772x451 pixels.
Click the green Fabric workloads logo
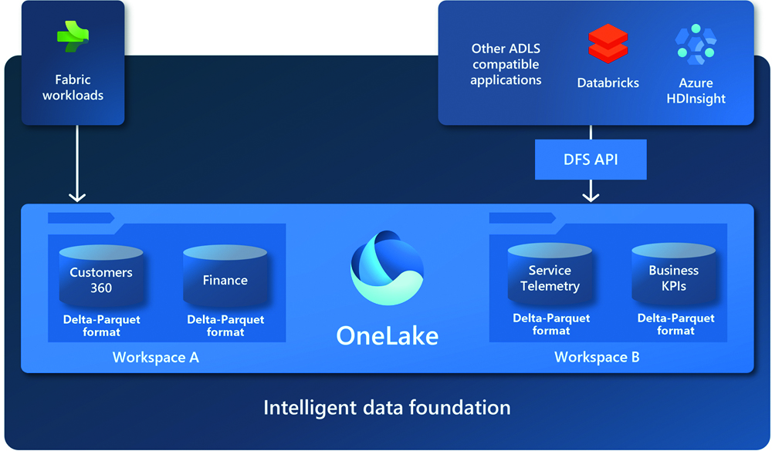[73, 38]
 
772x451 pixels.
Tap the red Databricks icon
[608, 43]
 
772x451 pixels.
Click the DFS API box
[591, 160]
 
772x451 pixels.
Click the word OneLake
[387, 335]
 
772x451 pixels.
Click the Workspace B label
[597, 358]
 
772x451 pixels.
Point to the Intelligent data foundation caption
[387, 407]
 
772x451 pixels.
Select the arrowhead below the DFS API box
[591, 195]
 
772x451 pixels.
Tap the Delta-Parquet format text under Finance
[225, 325]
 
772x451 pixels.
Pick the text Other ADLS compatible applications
[506, 64]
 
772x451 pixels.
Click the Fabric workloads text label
[73, 87]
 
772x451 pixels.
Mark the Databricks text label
[608, 82]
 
